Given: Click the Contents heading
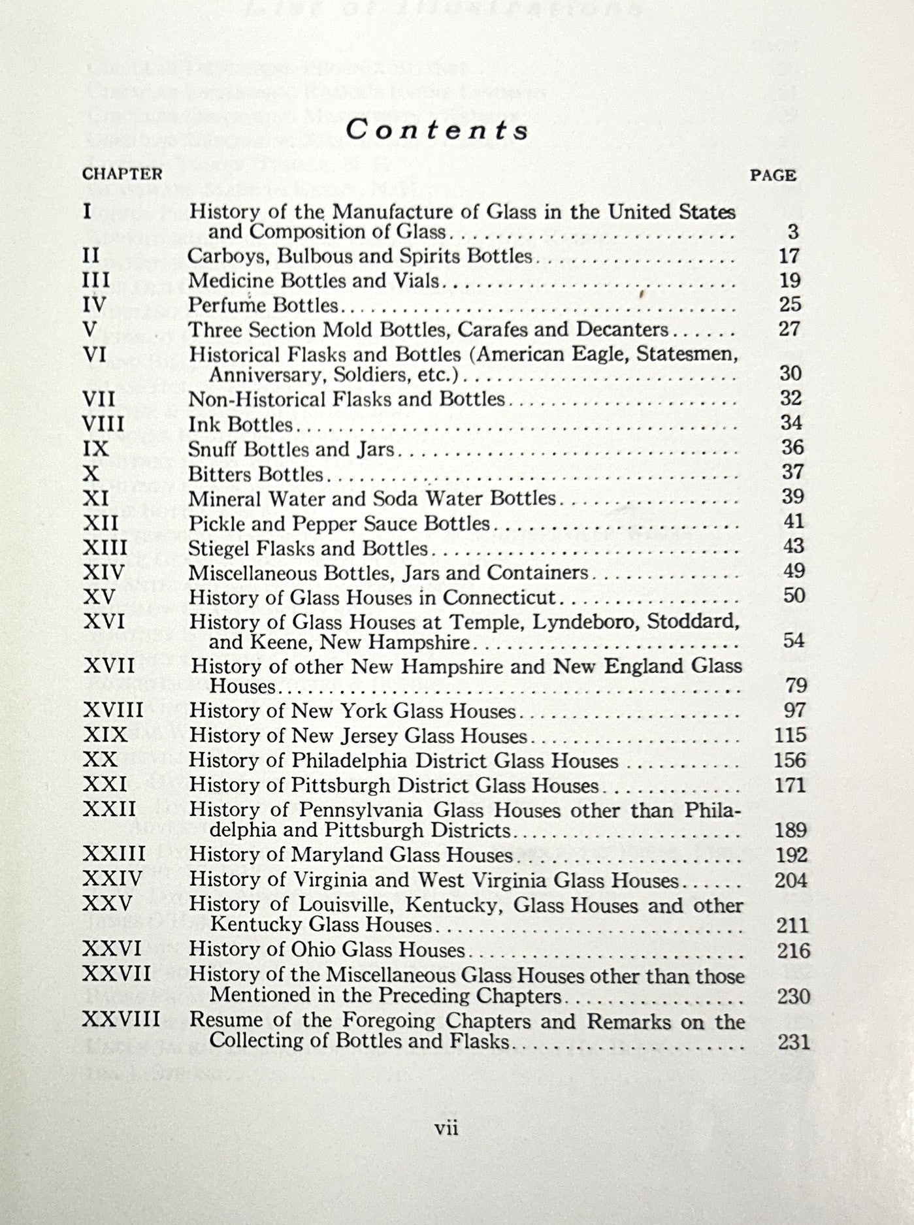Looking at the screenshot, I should click(437, 130).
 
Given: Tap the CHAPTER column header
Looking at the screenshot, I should click(122, 174).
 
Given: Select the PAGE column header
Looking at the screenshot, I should click(773, 176).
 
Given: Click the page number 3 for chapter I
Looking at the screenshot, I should click(793, 232).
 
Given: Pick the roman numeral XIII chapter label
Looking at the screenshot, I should click(105, 547).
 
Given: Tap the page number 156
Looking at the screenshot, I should click(790, 760).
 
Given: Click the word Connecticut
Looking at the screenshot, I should click(499, 598).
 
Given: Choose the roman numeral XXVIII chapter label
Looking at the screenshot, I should click(122, 1019).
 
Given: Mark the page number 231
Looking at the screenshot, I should click(794, 1041).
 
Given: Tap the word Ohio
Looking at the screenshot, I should click(314, 950).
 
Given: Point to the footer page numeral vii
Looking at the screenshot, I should click(447, 1128).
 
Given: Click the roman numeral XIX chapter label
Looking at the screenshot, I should click(105, 735).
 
